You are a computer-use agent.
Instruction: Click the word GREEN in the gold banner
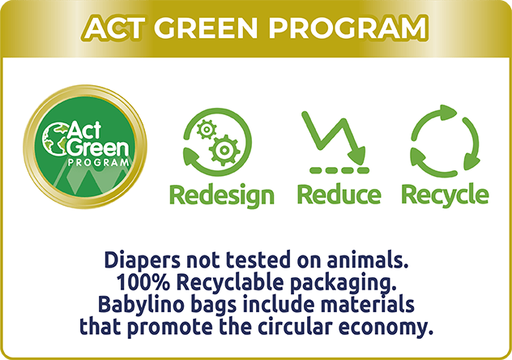pos(205,28)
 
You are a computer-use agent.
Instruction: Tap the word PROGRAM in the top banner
pos(348,28)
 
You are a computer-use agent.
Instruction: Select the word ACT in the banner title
pos(114,28)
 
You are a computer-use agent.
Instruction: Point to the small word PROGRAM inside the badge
pos(99,162)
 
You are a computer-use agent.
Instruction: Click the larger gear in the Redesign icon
pos(224,150)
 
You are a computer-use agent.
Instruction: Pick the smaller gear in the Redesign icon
pos(207,129)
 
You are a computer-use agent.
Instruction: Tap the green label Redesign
pos(222,195)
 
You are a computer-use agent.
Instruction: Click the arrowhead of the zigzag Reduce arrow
pos(358,155)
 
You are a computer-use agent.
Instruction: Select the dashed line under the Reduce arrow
pos(339,170)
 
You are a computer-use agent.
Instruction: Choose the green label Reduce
pos(339,195)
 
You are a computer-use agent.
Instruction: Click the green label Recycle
pos(445,195)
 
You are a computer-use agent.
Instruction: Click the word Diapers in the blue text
pos(142,261)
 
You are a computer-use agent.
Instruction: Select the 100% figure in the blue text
pos(143,283)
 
